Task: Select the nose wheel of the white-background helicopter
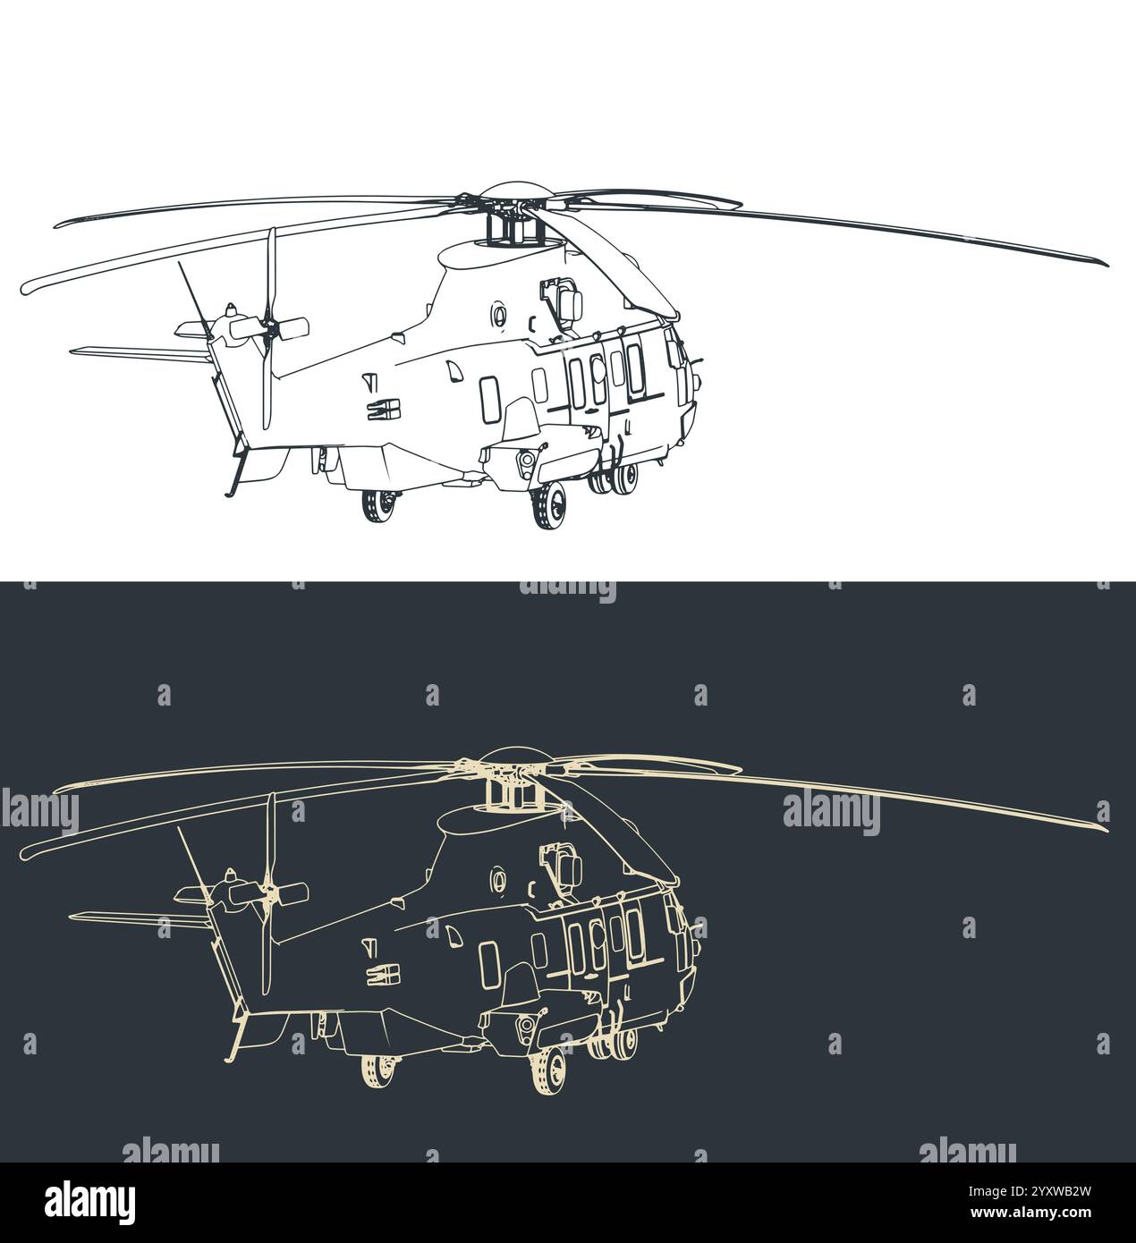[549, 507]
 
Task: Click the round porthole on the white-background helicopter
[499, 313]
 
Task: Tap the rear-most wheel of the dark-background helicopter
[379, 1069]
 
